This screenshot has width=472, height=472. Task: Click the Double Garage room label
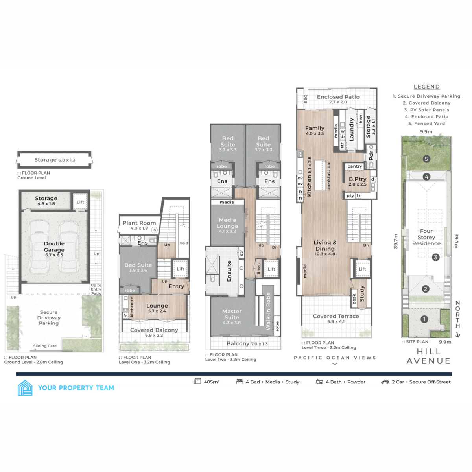pyautogui.click(x=54, y=247)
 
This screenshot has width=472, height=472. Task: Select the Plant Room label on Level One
pyautogui.click(x=139, y=223)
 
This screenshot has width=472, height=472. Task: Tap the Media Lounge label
pyautogui.click(x=227, y=223)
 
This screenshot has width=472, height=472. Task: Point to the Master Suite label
pyautogui.click(x=232, y=314)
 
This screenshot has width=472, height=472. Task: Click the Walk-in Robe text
pyautogui.click(x=268, y=311)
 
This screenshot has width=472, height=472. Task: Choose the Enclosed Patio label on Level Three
pyautogui.click(x=338, y=97)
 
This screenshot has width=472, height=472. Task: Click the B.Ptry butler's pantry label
pyautogui.click(x=358, y=179)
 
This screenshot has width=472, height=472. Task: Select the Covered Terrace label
pyautogui.click(x=336, y=316)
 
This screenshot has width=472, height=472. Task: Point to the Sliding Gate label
pyautogui.click(x=45, y=346)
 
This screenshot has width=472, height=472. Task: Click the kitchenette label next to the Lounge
pyautogui.click(x=132, y=307)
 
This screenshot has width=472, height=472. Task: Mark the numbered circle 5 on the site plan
pyautogui.click(x=426, y=159)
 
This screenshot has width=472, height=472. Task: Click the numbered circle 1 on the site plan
pyautogui.click(x=424, y=319)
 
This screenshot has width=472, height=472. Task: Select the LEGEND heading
pyautogui.click(x=426, y=87)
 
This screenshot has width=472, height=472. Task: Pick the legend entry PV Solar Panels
pyautogui.click(x=426, y=110)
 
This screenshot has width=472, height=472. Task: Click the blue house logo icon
pyautogui.click(x=25, y=388)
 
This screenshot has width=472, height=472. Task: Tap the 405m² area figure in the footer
pyautogui.click(x=212, y=382)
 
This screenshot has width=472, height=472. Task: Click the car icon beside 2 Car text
pyautogui.click(x=385, y=382)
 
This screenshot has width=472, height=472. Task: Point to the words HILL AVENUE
pyautogui.click(x=428, y=356)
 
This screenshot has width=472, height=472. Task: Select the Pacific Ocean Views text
pyautogui.click(x=335, y=358)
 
